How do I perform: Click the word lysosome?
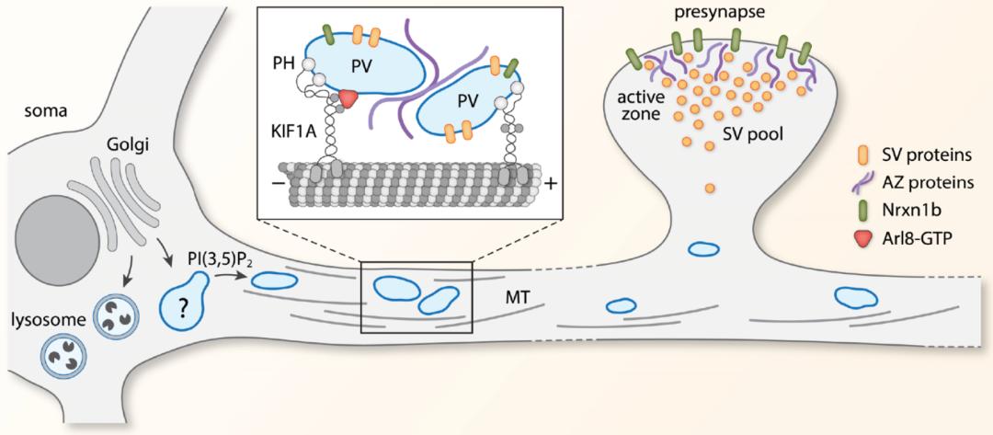[34, 323]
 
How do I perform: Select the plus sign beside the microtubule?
[551, 184]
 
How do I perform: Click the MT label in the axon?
[507, 300]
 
